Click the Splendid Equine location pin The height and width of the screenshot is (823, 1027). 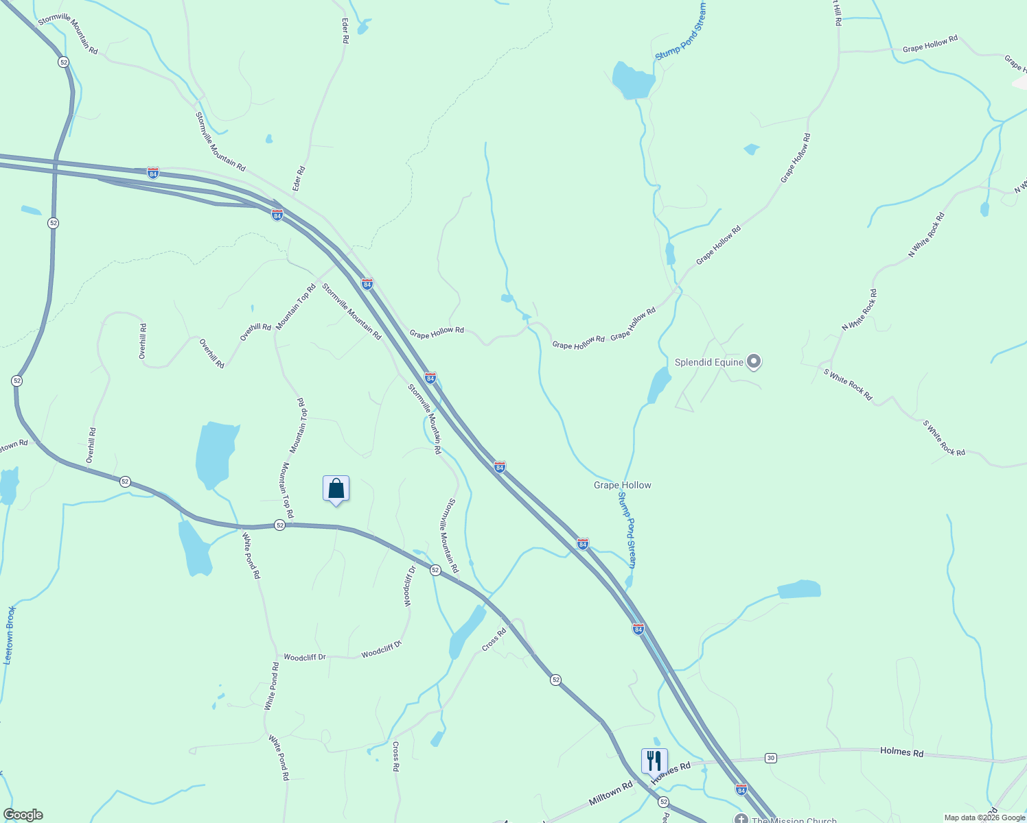754,361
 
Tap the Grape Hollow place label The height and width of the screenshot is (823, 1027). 622,485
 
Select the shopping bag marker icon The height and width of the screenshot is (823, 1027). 336,489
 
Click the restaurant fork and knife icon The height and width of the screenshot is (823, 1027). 654,761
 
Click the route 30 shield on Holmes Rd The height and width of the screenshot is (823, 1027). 771,758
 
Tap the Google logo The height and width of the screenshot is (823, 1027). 23,815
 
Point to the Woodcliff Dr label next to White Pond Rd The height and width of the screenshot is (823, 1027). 304,657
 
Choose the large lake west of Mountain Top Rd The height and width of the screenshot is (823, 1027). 216,453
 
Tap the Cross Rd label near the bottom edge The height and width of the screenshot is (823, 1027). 396,756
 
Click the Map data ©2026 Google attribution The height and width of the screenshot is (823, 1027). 984,818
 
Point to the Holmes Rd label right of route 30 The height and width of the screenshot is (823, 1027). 901,752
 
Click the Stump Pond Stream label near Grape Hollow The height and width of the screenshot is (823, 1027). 627,525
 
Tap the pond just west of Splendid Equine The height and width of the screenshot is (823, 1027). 659,385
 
